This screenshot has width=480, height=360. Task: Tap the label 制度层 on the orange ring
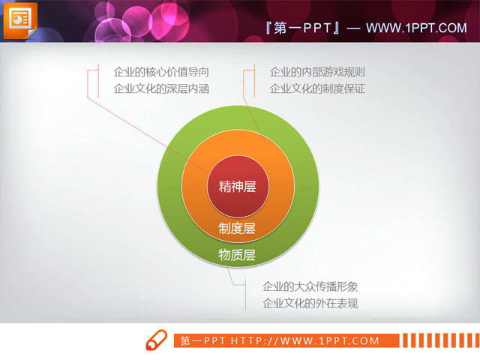[x=237, y=228]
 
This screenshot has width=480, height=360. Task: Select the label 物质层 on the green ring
[x=237, y=255]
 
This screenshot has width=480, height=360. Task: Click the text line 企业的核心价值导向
[x=160, y=72]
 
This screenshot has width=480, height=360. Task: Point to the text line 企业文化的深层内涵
[x=160, y=88]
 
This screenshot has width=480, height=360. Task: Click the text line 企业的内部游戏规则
[x=317, y=72]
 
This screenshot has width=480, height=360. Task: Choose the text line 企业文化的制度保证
[x=317, y=88]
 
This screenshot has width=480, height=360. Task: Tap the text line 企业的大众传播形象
[x=310, y=286]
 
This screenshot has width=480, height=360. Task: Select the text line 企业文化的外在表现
[x=310, y=303]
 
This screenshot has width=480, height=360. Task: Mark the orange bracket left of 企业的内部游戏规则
[x=246, y=81]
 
